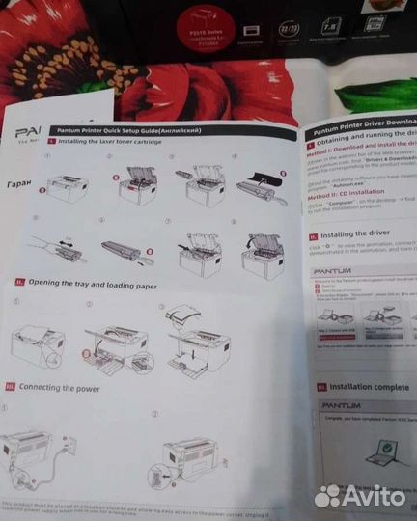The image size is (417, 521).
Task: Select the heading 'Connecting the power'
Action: (x=65, y=386)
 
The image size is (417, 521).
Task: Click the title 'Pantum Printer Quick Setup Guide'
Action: (x=128, y=129)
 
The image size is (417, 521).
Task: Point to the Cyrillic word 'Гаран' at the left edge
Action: (x=19, y=184)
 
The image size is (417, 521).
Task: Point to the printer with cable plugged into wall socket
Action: (x=39, y=449)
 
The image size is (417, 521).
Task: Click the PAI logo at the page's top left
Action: (x=26, y=129)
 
